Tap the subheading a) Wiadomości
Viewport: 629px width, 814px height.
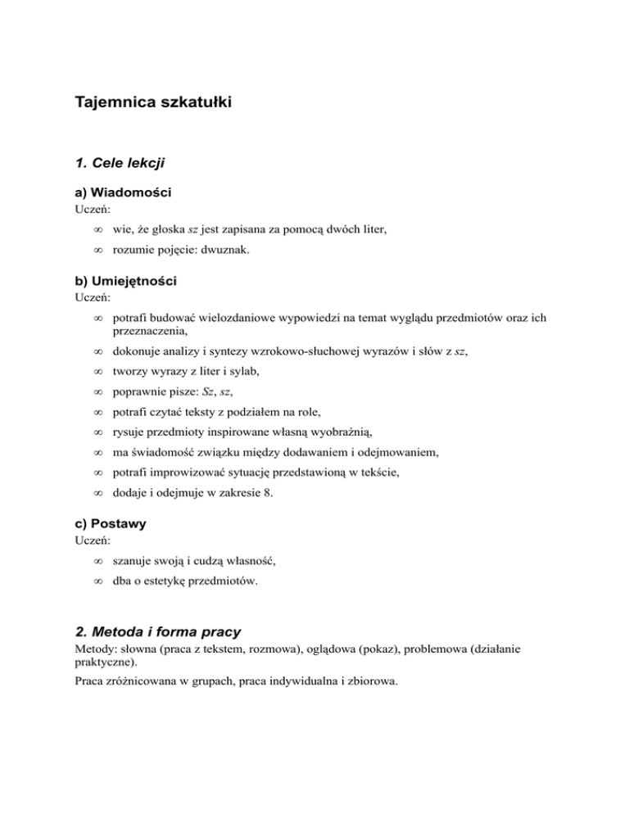click(122, 194)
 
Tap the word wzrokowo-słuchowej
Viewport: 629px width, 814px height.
click(287, 351)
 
